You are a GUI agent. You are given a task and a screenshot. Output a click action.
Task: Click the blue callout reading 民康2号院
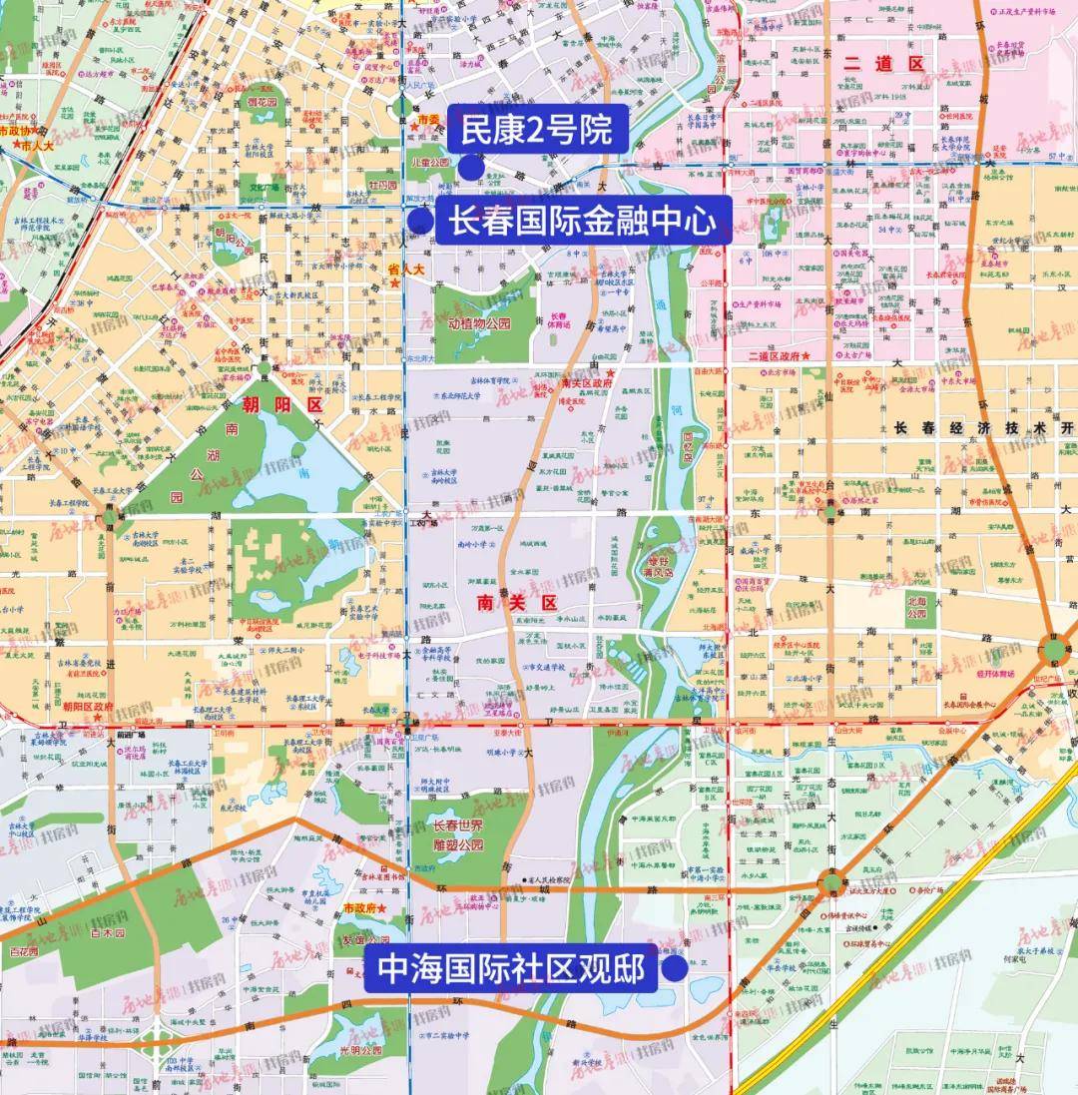pyautogui.click(x=536, y=130)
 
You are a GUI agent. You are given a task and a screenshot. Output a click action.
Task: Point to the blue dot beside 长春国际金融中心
pyautogui.click(x=421, y=222)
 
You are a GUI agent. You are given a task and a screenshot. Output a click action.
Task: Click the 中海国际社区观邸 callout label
pyautogui.click(x=509, y=969)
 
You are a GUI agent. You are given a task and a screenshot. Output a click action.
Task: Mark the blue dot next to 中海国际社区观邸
pyautogui.click(x=676, y=969)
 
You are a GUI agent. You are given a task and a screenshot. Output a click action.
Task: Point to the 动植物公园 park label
pyautogui.click(x=479, y=323)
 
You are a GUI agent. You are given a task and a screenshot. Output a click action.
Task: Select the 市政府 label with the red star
pyautogui.click(x=361, y=908)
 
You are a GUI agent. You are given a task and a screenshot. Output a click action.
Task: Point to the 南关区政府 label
pyautogui.click(x=584, y=383)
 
